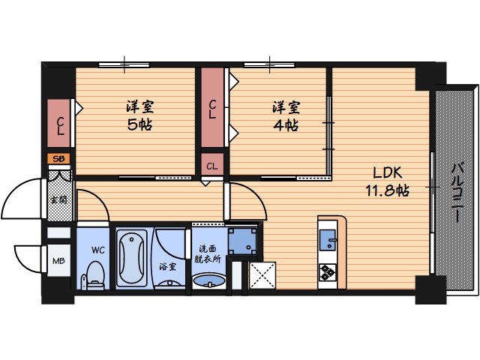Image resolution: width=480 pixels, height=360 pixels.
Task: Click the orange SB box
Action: [x=58, y=159]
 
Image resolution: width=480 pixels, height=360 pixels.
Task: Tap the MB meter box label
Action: [x=58, y=261]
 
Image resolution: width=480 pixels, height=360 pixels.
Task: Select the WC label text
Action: [x=98, y=250]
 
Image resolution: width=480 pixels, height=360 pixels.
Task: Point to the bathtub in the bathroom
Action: [x=132, y=257]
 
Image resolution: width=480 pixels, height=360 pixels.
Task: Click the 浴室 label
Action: [x=167, y=267]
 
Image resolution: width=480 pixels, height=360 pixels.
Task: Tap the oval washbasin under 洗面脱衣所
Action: [x=209, y=280]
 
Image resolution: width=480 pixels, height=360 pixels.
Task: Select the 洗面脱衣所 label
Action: [x=208, y=253]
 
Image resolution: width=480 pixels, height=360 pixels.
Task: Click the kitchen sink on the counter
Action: [x=328, y=240]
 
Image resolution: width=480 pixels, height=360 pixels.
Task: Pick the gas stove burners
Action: [x=328, y=272]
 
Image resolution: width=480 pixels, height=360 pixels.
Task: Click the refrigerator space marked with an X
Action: [x=262, y=275]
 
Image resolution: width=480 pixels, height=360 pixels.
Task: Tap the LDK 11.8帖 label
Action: [x=387, y=181]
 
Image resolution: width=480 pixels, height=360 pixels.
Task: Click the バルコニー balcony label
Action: [x=457, y=193]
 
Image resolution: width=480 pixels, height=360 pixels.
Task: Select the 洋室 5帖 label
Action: [x=140, y=115]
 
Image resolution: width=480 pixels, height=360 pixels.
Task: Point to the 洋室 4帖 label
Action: [x=286, y=116]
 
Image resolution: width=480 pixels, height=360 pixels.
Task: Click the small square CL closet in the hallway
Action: [x=212, y=165]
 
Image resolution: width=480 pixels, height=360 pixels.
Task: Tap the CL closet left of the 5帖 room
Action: [x=59, y=123]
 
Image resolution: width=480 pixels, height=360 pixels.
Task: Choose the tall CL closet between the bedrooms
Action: [x=212, y=107]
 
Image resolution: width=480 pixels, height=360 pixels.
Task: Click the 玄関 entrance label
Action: [x=59, y=200]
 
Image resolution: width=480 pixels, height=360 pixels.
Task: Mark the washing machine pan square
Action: [x=243, y=241]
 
